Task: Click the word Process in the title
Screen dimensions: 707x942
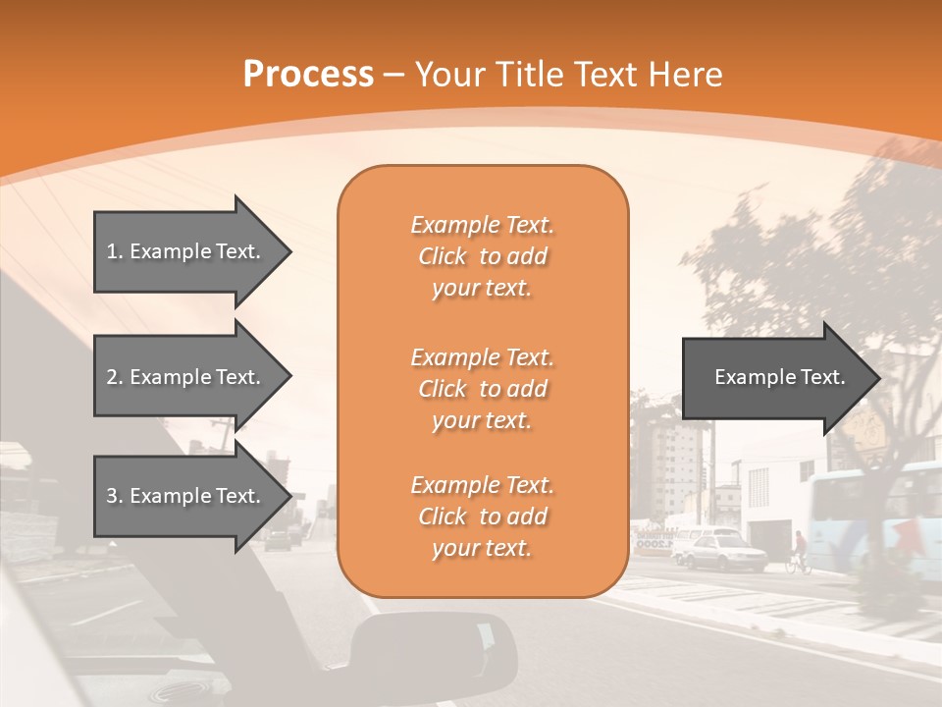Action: pos(308,75)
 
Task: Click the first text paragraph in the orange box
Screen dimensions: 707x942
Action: pos(482,256)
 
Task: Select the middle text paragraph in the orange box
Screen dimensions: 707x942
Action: pos(482,389)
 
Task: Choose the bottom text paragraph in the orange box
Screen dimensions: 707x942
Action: pos(482,517)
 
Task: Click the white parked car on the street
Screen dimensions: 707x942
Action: pos(721,552)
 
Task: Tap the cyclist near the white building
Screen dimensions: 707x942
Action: pos(799,552)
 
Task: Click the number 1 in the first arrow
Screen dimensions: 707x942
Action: pos(112,251)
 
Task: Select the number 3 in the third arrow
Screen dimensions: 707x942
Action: pos(112,496)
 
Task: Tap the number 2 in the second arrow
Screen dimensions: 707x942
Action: pos(112,377)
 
